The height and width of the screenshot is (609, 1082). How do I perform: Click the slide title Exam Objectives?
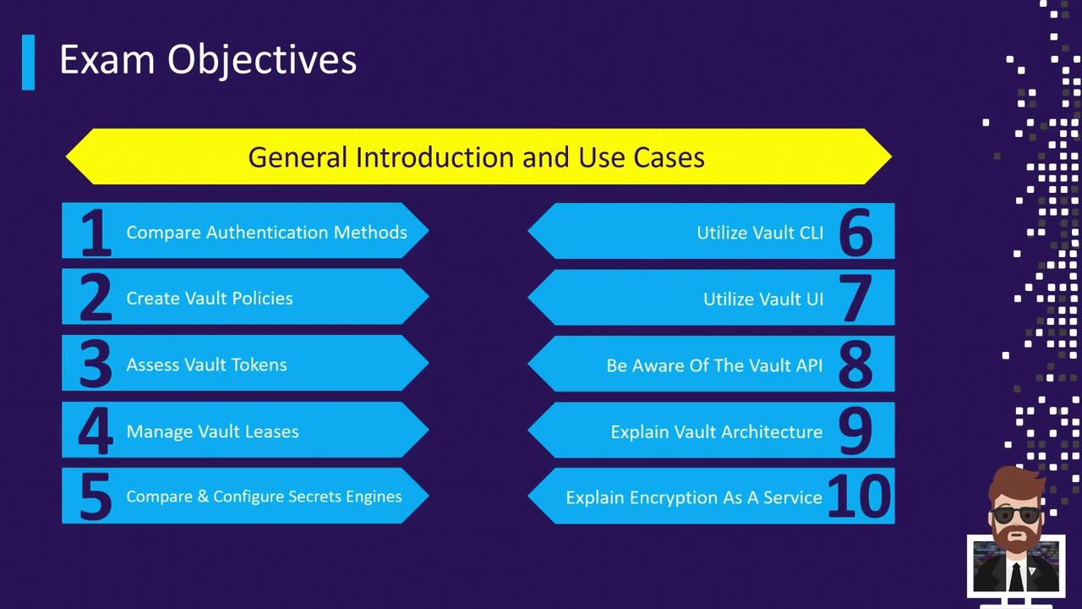pyautogui.click(x=208, y=60)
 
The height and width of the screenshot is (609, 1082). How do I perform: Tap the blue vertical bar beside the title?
pyautogui.click(x=29, y=62)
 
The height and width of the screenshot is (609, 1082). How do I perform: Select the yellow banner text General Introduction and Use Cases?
pyautogui.click(x=476, y=157)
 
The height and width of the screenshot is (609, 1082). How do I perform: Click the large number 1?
pyautogui.click(x=96, y=232)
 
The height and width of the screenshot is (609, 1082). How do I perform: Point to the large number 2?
pyautogui.click(x=96, y=297)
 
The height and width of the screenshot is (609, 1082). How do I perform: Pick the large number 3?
pyautogui.click(x=96, y=364)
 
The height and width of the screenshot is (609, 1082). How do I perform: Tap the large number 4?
pyautogui.click(x=96, y=431)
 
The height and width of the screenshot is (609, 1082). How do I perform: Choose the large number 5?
pyautogui.click(x=96, y=497)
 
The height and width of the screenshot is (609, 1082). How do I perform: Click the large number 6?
pyautogui.click(x=856, y=232)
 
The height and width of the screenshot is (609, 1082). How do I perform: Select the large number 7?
pyautogui.click(x=855, y=298)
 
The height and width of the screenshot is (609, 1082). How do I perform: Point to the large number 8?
pyautogui.click(x=856, y=364)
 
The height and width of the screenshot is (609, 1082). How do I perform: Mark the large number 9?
pyautogui.click(x=855, y=431)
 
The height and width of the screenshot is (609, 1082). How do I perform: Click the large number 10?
pyautogui.click(x=860, y=496)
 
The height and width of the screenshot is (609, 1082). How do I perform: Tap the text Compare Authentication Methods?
pyautogui.click(x=266, y=233)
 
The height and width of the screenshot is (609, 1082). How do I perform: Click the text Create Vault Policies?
pyautogui.click(x=210, y=299)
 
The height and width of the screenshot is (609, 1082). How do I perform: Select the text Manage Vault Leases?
pyautogui.click(x=212, y=431)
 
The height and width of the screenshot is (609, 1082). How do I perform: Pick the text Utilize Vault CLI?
pyautogui.click(x=760, y=233)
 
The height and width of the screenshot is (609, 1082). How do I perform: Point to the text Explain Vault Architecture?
pyautogui.click(x=716, y=431)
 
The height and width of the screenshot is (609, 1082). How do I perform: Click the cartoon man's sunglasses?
pyautogui.click(x=1016, y=514)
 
